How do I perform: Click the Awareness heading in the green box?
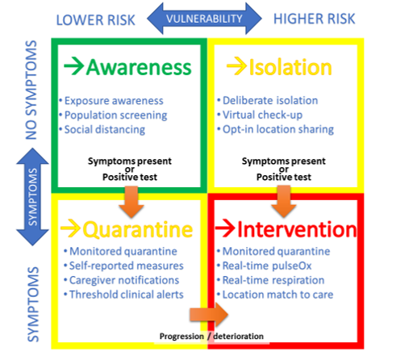click(139, 67)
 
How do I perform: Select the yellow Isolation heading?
click(290, 67)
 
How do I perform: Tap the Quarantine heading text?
click(138, 230)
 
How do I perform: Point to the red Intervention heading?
click(297, 229)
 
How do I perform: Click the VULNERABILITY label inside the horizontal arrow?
click(204, 19)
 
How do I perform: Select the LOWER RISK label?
click(95, 20)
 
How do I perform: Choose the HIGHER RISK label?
click(315, 19)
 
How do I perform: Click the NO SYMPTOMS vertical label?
click(31, 90)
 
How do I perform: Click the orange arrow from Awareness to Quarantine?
click(131, 202)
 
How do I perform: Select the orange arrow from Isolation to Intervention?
click(284, 202)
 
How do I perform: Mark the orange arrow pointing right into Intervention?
click(209, 315)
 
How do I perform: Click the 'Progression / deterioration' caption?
click(211, 337)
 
